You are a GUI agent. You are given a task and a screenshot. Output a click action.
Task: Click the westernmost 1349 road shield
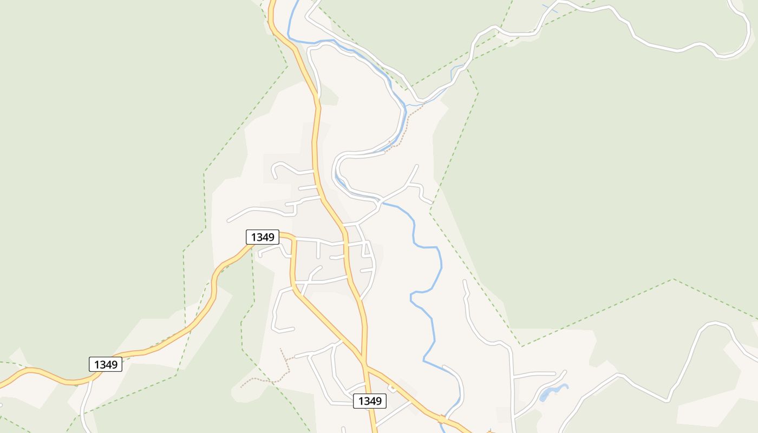[106, 364]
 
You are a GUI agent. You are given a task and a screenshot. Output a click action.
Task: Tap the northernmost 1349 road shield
[263, 237]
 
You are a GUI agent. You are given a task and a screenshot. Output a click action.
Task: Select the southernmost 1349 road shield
[370, 401]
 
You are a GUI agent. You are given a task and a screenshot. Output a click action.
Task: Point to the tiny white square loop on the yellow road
[392, 388]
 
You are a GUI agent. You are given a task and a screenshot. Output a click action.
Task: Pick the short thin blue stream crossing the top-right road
[550, 8]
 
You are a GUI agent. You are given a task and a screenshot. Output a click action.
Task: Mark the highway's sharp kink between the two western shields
[214, 281]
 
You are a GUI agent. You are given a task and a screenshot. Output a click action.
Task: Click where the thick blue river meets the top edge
[297, 2]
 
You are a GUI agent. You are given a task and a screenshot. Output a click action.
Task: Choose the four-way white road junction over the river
[380, 204]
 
